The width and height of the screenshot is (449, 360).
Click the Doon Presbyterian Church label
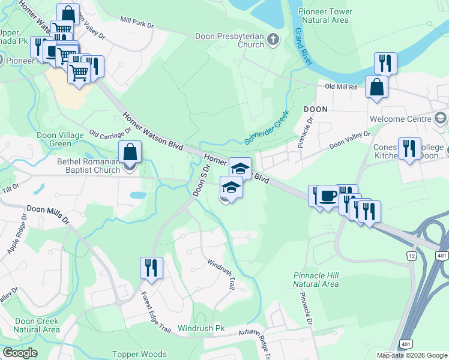tap(230, 40)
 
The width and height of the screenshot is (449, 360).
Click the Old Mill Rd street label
tap(341, 87)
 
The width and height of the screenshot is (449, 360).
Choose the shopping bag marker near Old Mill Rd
tap(376, 86)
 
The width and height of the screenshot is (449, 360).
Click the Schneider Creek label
tap(267, 127)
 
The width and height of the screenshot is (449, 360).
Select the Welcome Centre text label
tap(402, 119)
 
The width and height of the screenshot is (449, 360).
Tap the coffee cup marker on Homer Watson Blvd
tap(327, 196)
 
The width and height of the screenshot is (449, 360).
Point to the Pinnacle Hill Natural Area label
tap(316, 280)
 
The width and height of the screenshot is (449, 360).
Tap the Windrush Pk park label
tap(200, 329)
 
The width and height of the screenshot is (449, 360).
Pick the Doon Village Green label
tap(61, 139)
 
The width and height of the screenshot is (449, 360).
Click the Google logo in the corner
tap(20, 353)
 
